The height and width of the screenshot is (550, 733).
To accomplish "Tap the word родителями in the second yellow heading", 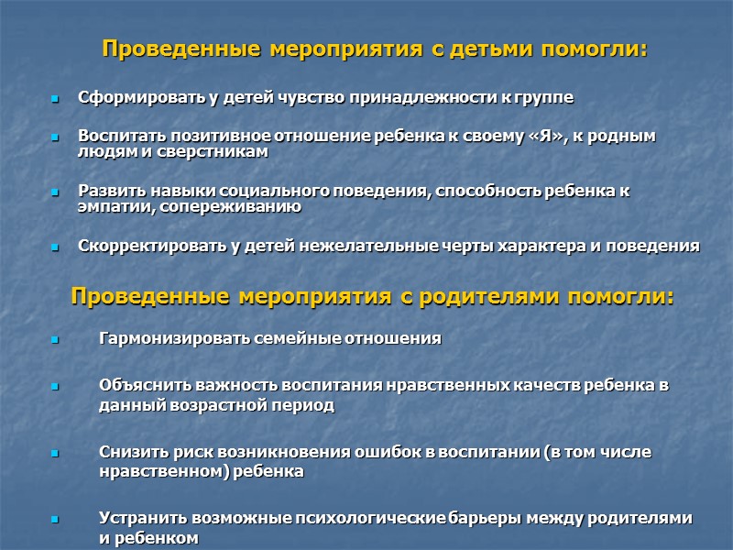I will point(504,297).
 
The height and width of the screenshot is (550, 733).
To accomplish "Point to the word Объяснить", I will point(135,385).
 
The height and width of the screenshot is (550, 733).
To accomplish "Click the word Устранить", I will point(136,518).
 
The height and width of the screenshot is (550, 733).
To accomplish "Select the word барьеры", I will point(485,518).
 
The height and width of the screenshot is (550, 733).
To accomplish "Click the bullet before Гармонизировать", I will point(55,339).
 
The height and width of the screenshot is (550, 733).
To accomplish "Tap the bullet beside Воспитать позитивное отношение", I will point(55,137).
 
